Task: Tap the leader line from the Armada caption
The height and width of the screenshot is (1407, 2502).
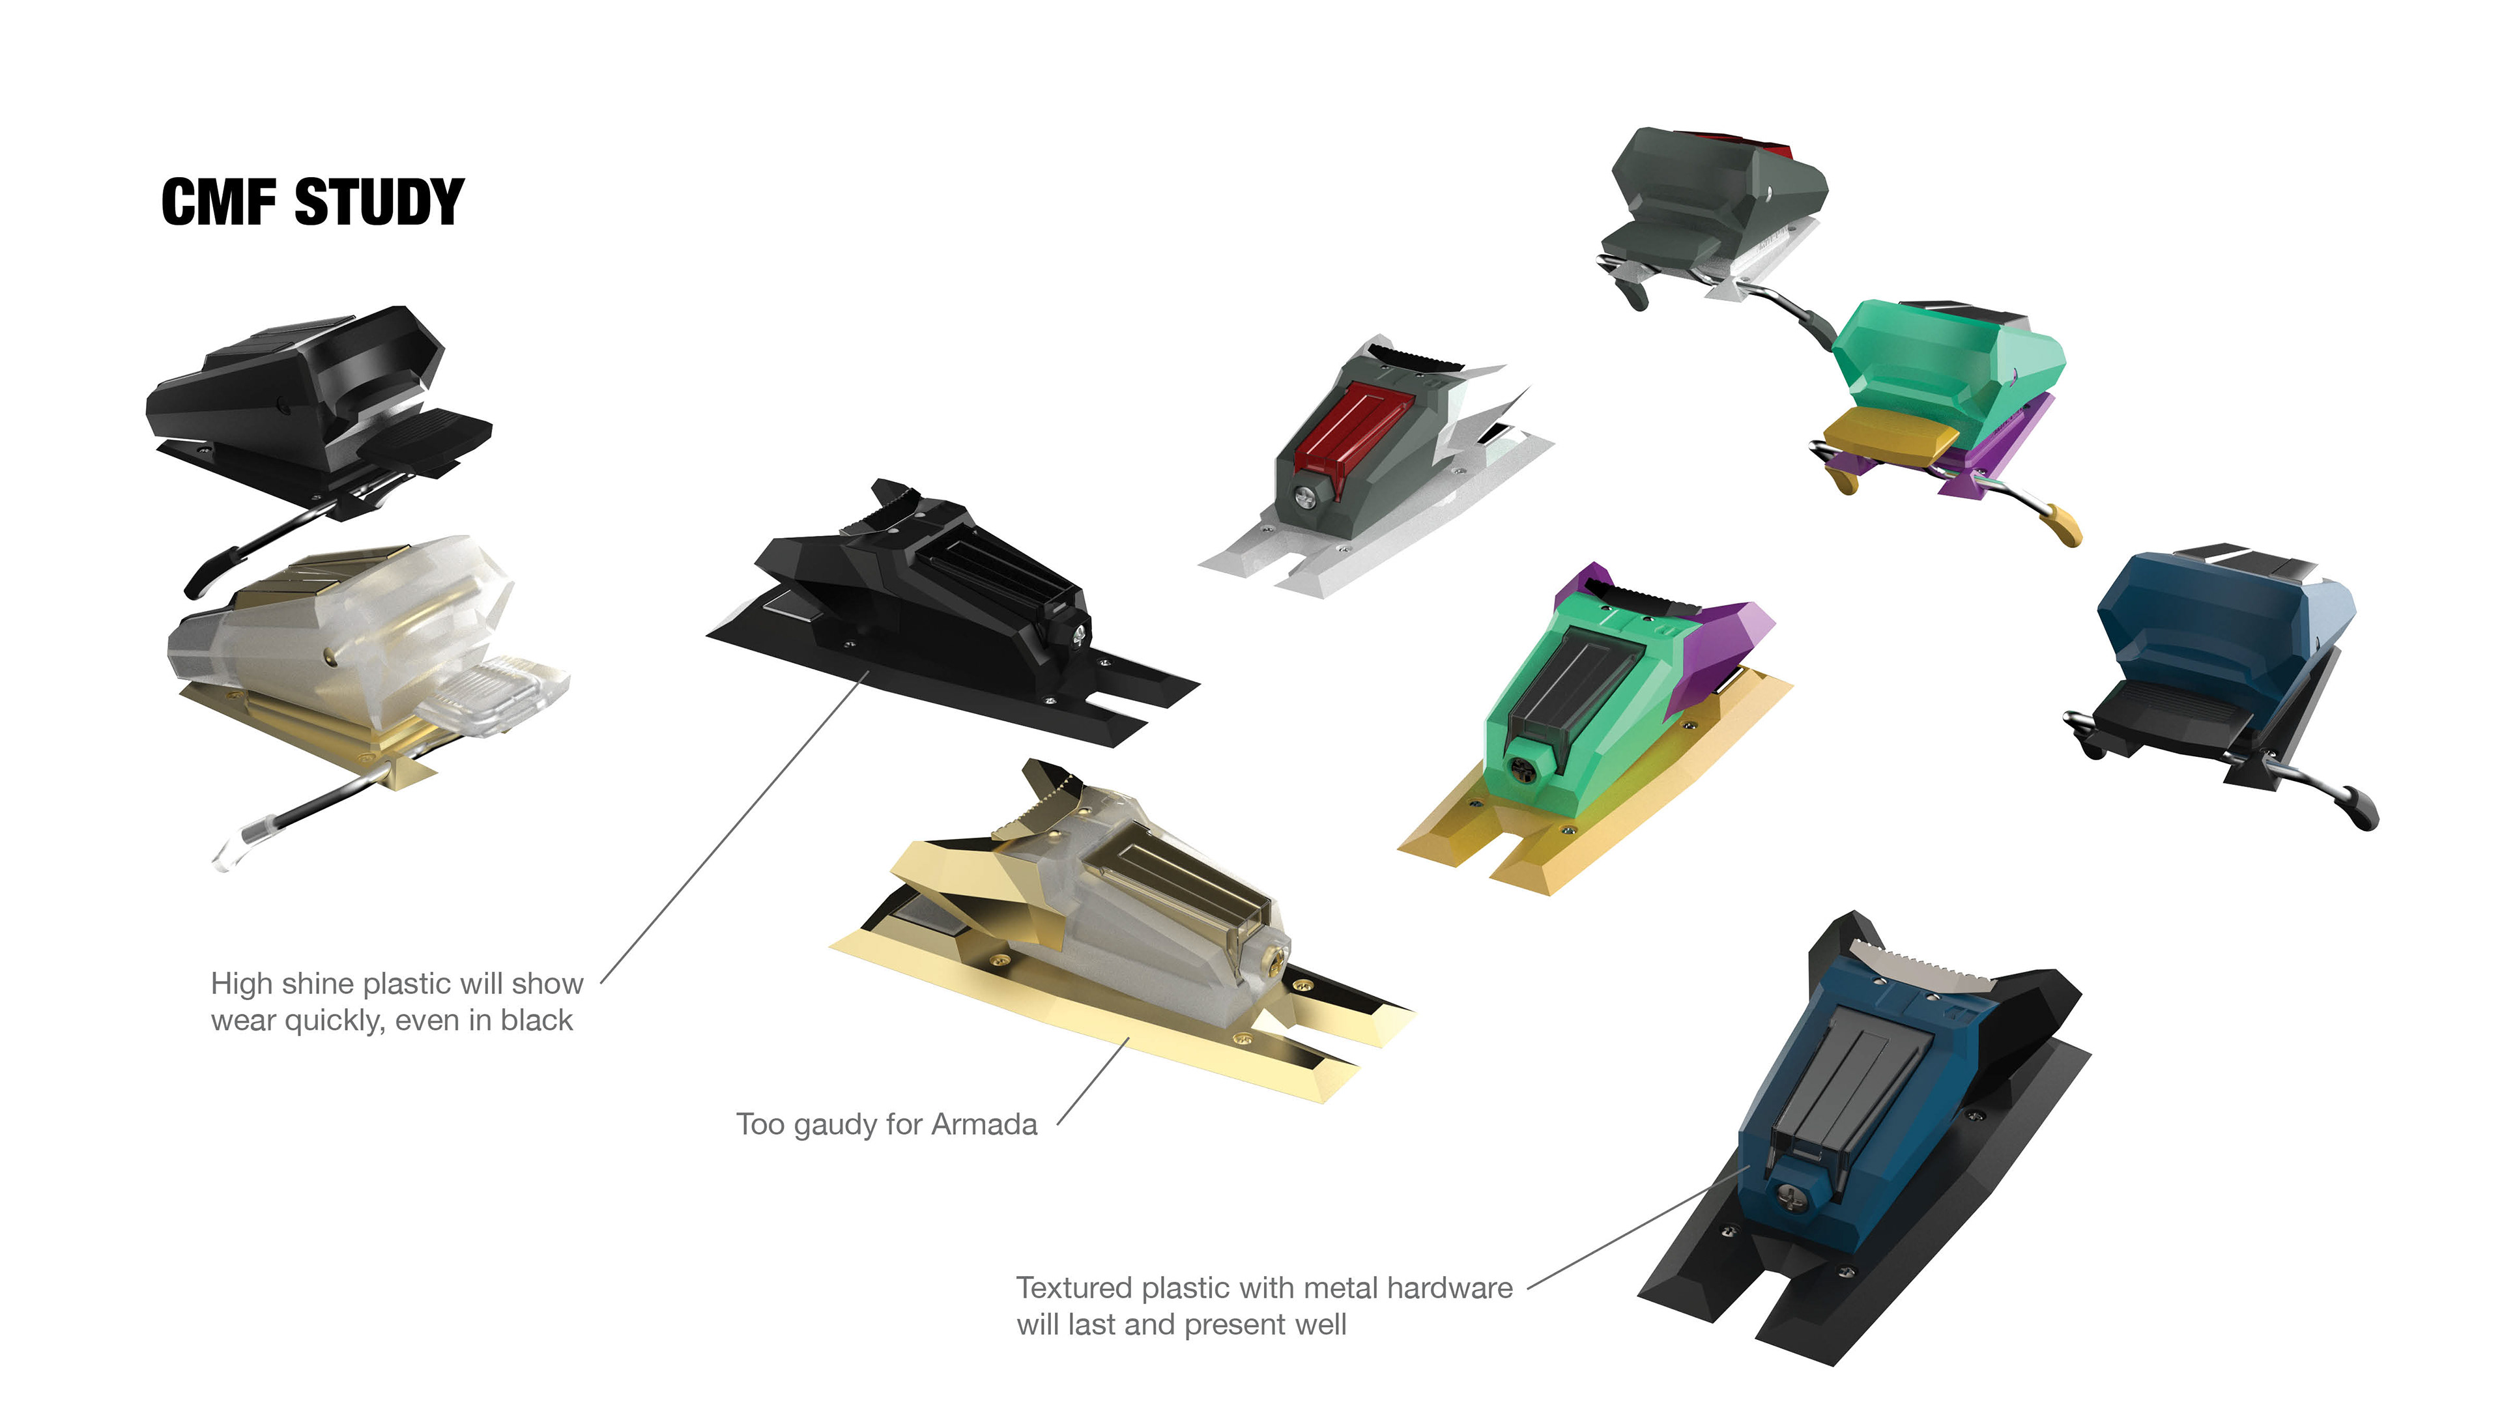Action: (x=1093, y=1081)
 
